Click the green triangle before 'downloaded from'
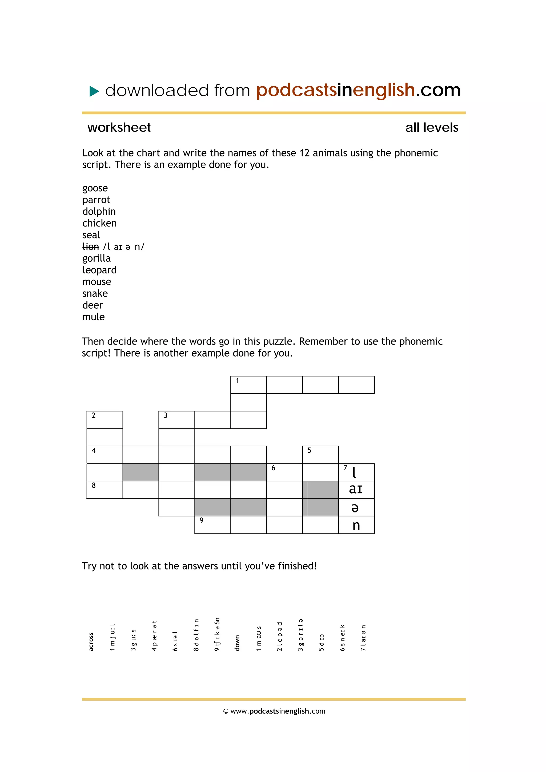pyautogui.click(x=94, y=91)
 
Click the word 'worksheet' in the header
pyautogui.click(x=119, y=127)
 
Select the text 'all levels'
pyautogui.click(x=431, y=127)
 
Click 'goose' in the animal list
pyautogui.click(x=95, y=188)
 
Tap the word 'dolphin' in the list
pyautogui.click(x=99, y=212)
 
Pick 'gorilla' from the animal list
pyautogui.click(x=96, y=258)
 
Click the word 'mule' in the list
pyautogui.click(x=93, y=317)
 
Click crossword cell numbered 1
pyautogui.click(x=248, y=385)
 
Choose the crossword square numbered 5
pyautogui.click(x=320, y=455)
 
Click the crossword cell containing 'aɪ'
pyautogui.click(x=356, y=490)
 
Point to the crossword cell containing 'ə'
pyautogui.click(x=356, y=507)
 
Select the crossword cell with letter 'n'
pyautogui.click(x=356, y=525)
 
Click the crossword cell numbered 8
pyautogui.click(x=104, y=490)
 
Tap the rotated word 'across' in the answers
pyautogui.click(x=91, y=641)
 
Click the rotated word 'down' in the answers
pyautogui.click(x=237, y=643)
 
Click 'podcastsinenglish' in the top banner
pyautogui.click(x=335, y=90)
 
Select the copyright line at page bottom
pyautogui.click(x=274, y=711)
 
